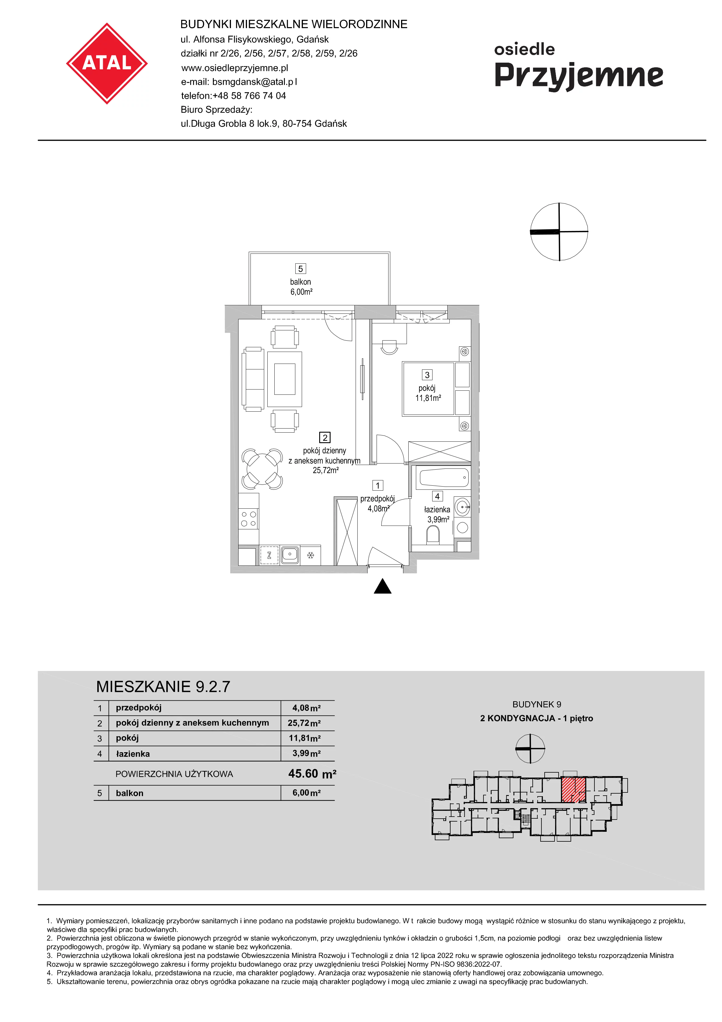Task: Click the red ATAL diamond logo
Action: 107,63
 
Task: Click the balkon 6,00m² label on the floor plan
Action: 301,287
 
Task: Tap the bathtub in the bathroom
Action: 444,477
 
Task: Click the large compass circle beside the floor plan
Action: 559,231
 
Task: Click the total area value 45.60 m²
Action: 312,773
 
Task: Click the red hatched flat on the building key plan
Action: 573,790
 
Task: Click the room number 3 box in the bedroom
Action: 427,375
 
